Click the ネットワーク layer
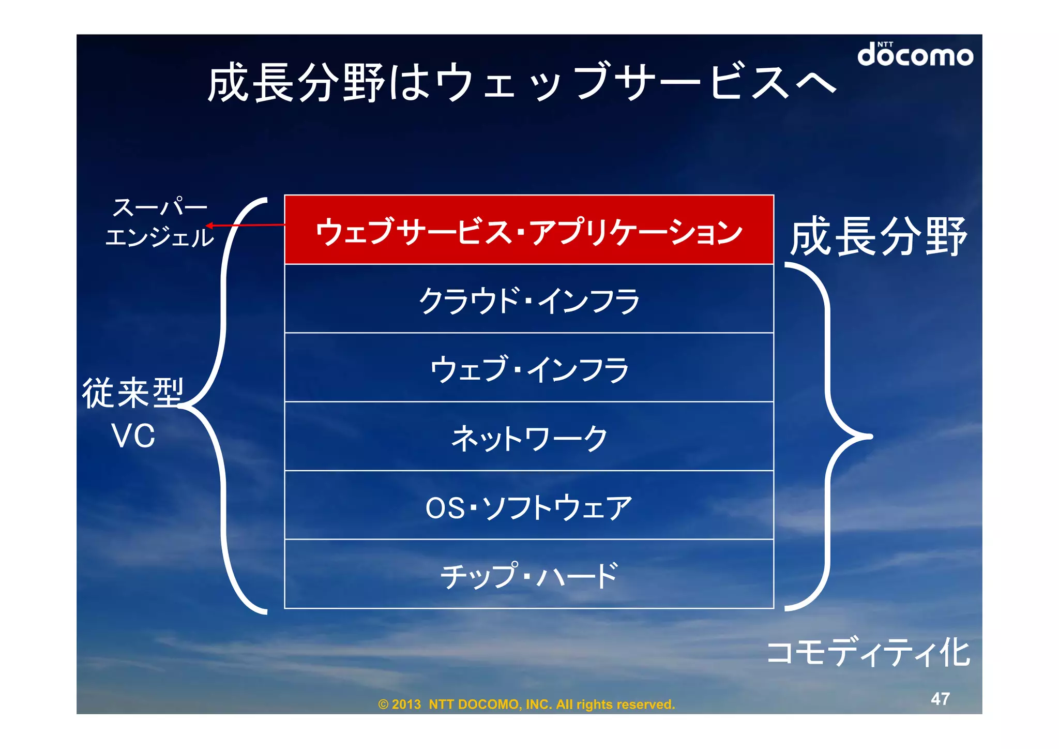pyautogui.click(x=528, y=438)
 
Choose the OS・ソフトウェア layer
pyautogui.click(x=528, y=506)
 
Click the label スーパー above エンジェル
pyautogui.click(x=160, y=207)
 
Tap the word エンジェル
pyautogui.click(x=159, y=237)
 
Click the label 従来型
pyautogui.click(x=133, y=393)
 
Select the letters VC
pyautogui.click(x=133, y=436)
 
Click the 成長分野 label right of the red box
pyautogui.click(x=878, y=236)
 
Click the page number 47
pyautogui.click(x=940, y=699)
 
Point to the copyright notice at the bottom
pyautogui.click(x=526, y=705)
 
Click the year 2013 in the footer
pyautogui.click(x=406, y=705)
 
